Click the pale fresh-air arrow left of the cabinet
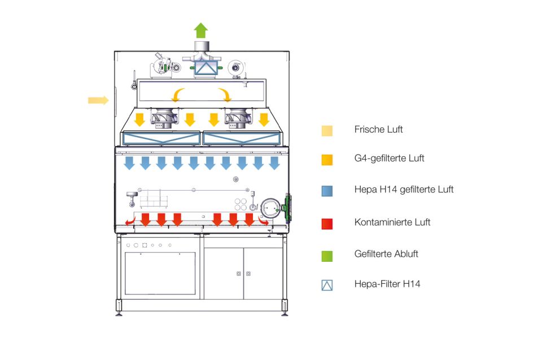98,100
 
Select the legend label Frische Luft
378,130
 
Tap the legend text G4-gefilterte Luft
389,158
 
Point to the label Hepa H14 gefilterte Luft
404,190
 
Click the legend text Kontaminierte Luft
392,222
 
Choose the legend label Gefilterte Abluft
386,254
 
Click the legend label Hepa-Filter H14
387,284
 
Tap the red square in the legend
327,223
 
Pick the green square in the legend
327,256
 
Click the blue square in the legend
327,191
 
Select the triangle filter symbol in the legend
327,286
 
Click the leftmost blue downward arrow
129,163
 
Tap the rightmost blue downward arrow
274,163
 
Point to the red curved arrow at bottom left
130,223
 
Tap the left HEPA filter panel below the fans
161,138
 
